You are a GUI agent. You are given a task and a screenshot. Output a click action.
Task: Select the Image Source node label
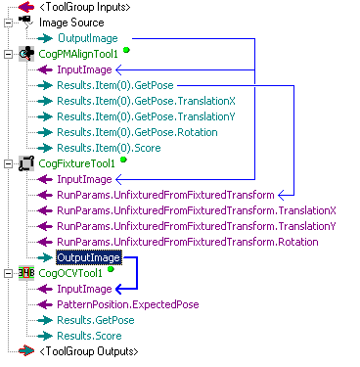click(x=71, y=22)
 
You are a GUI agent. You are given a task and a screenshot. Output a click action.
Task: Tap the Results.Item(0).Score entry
click(x=108, y=148)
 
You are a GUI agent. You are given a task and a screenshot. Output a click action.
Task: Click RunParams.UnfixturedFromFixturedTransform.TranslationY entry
click(x=196, y=226)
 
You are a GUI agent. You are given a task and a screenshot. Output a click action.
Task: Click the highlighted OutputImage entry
click(x=88, y=257)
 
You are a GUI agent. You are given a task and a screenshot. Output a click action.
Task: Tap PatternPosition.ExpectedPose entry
click(x=127, y=304)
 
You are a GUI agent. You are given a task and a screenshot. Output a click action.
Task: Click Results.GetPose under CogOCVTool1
click(x=94, y=320)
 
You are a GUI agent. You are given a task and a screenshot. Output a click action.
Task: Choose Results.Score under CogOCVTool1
click(x=91, y=336)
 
